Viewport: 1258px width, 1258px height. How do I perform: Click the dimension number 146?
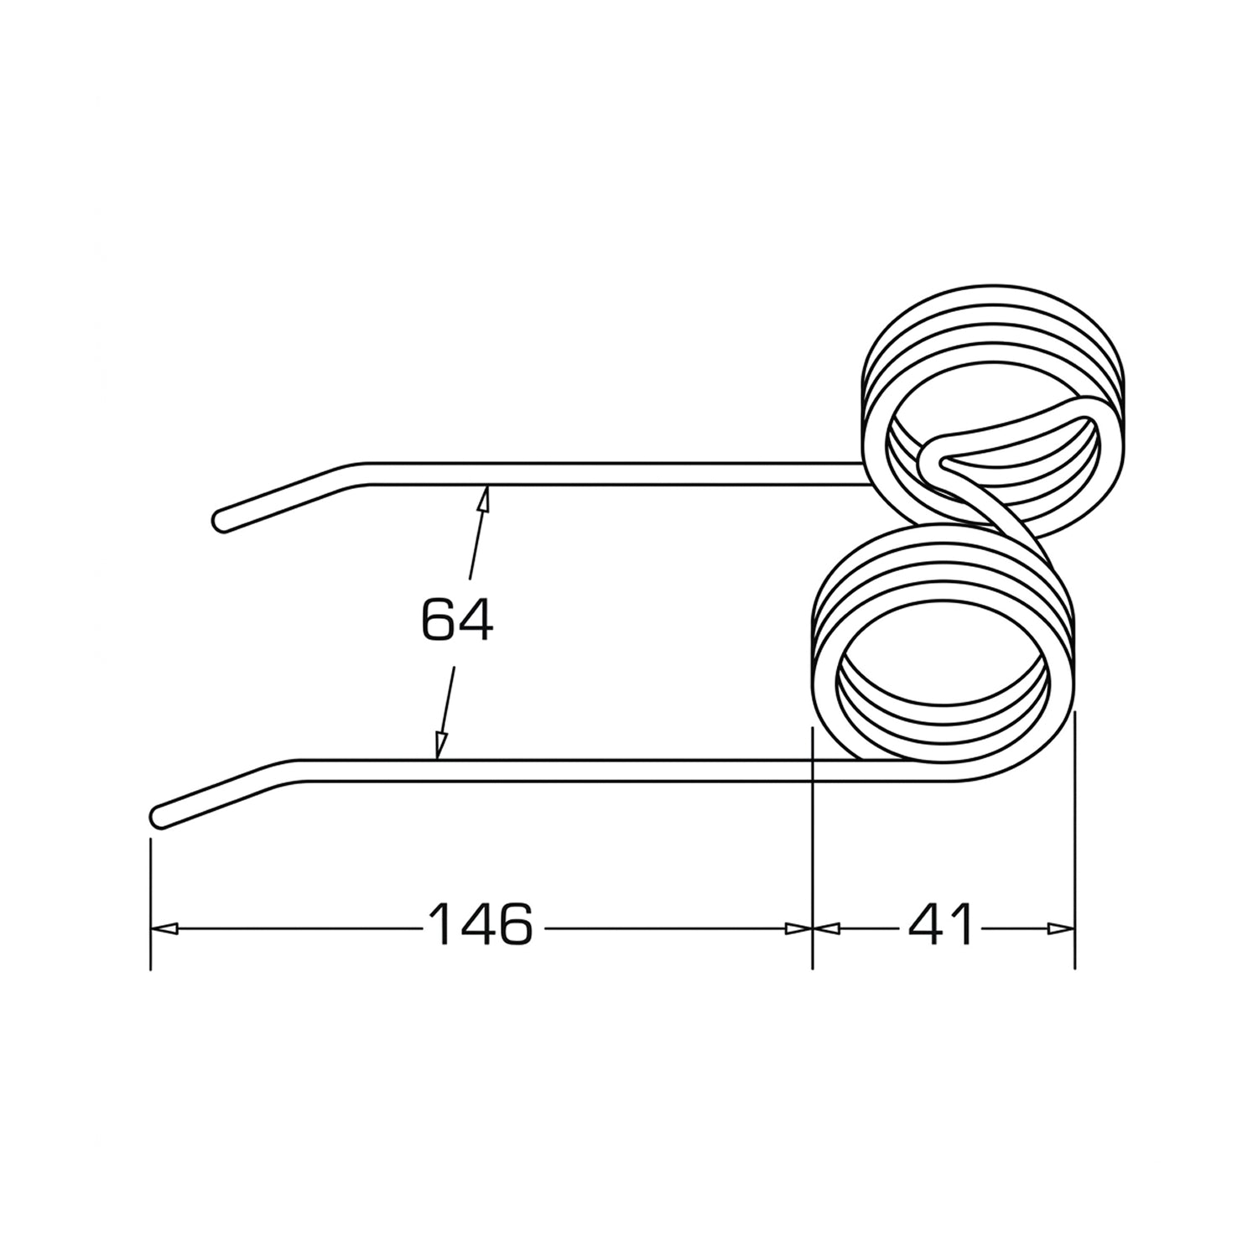click(481, 925)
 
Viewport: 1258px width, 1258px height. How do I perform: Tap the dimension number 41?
click(942, 925)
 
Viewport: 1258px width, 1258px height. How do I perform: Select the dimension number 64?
click(457, 621)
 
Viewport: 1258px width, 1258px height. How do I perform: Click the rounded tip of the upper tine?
click(220, 521)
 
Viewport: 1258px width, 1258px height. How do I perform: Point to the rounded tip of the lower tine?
click(157, 816)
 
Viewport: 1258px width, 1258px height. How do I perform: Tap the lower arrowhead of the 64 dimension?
click(439, 746)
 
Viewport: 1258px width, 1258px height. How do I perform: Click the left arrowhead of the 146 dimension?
click(164, 928)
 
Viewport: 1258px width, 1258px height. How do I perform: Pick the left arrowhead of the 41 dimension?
click(827, 928)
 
